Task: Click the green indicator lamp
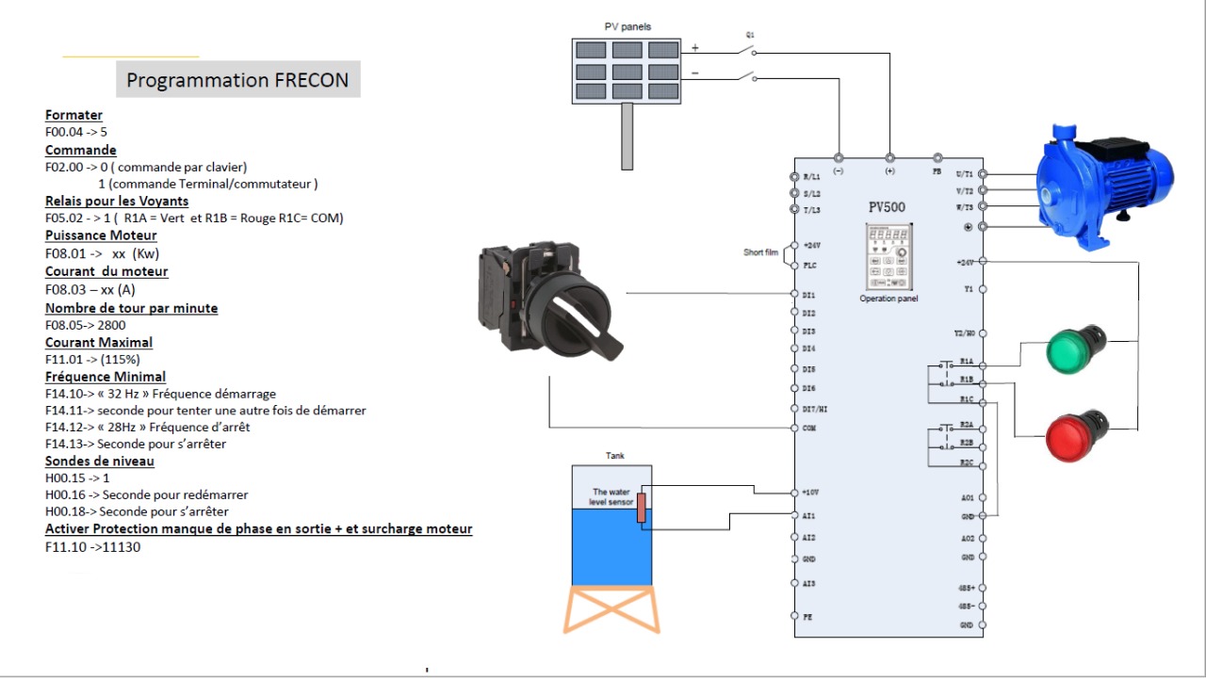1075,348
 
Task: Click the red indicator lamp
1077,435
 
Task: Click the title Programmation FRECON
237,80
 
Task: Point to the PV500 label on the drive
888,206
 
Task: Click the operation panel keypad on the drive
888,257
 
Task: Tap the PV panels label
627,26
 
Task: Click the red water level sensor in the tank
641,508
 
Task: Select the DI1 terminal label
807,295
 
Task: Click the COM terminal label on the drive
807,428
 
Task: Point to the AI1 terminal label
807,516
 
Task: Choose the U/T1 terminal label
965,174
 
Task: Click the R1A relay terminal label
966,362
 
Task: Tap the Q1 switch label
750,34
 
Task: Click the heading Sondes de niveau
99,461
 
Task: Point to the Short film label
760,252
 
